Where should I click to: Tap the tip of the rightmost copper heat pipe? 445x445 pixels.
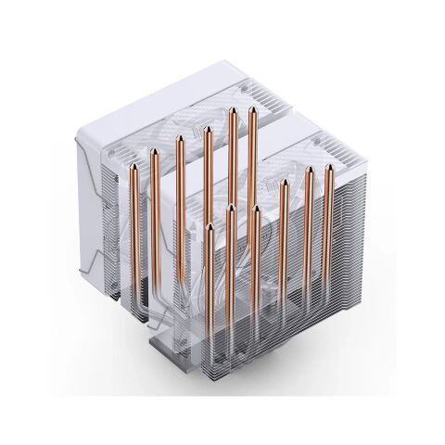(327, 167)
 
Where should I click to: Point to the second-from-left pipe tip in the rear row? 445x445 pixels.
(155, 154)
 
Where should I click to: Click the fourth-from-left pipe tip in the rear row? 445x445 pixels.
(208, 129)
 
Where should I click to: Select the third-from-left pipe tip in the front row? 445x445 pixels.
(255, 209)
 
